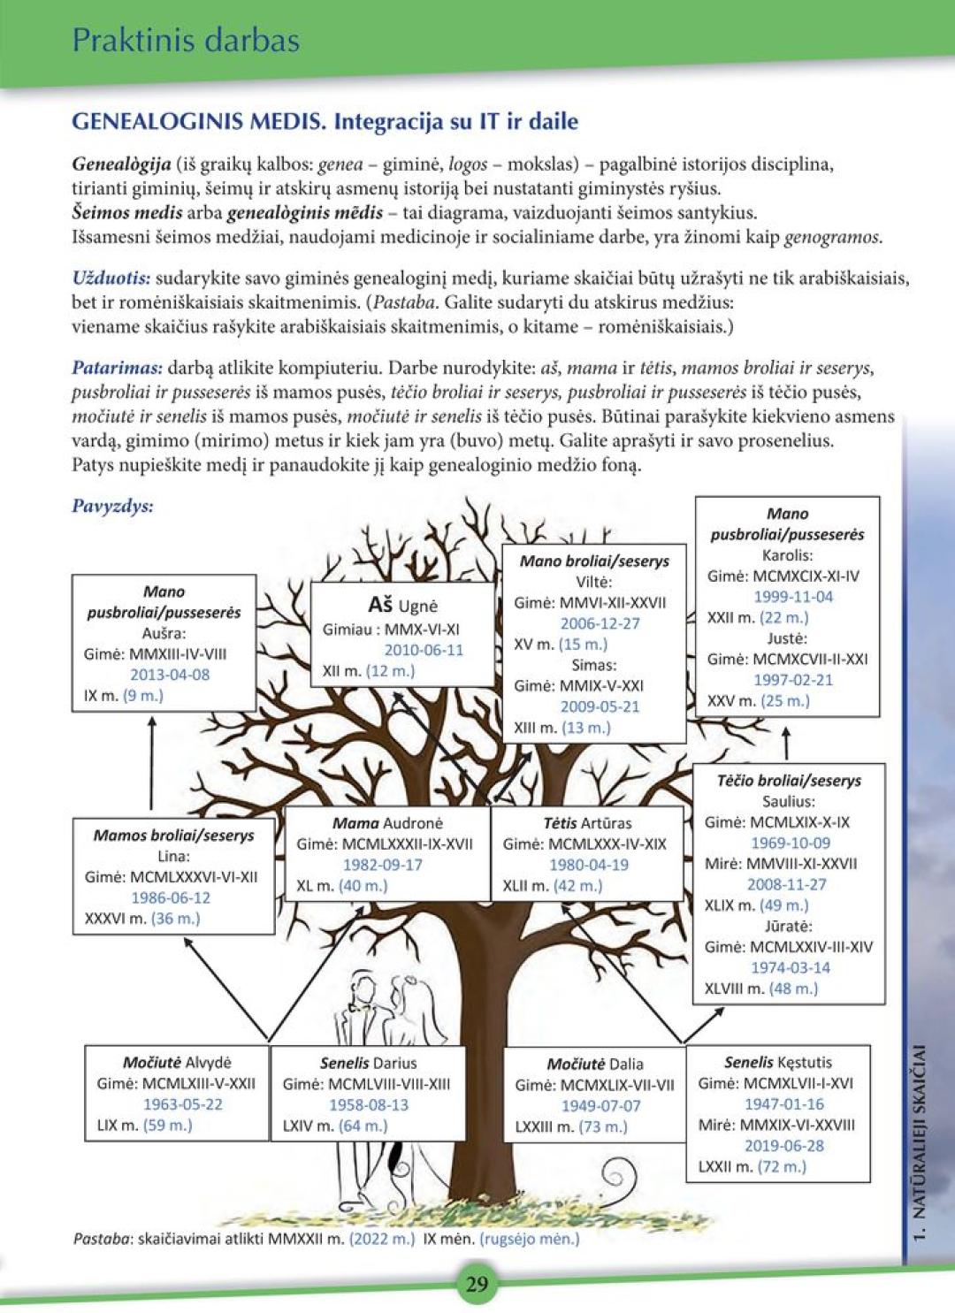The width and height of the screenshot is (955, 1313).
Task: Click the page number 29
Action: point(477,1284)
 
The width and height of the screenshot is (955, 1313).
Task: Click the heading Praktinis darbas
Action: point(186,40)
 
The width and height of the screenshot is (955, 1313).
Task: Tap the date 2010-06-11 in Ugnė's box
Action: point(423,650)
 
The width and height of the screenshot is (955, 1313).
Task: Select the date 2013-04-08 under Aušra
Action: point(170,675)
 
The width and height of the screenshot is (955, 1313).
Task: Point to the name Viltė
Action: point(593,582)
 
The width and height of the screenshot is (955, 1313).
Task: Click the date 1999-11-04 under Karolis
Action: point(793,597)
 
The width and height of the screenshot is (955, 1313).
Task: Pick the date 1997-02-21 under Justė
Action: point(793,680)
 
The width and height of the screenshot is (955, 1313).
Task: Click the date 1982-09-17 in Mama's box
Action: point(383,865)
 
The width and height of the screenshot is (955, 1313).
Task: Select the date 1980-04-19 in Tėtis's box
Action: point(588,865)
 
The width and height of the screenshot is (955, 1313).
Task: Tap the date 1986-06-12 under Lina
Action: point(171,897)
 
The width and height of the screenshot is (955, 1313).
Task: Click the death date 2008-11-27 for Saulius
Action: point(788,884)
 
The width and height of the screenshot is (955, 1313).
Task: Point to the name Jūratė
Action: point(788,926)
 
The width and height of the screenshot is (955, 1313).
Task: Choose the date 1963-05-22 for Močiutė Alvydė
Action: point(183,1104)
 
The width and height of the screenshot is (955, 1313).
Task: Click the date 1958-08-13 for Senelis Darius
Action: point(369,1104)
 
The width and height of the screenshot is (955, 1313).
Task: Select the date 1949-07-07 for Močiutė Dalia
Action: point(600,1105)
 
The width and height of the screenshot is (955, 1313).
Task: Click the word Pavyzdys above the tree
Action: point(112,507)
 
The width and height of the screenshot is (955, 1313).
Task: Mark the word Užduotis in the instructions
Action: point(111,278)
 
